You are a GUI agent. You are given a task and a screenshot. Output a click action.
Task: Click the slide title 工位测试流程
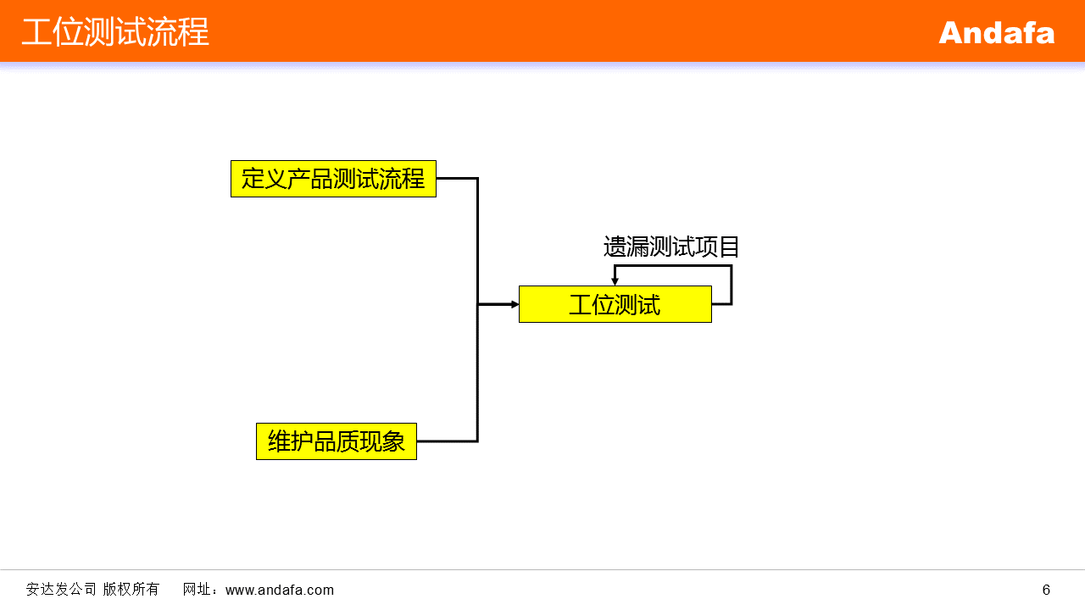coord(115,32)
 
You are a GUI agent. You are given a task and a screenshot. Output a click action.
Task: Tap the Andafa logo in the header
coord(996,33)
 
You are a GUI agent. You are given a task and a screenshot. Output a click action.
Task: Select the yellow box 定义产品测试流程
coord(333,179)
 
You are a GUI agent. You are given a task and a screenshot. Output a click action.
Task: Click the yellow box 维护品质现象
coord(337,441)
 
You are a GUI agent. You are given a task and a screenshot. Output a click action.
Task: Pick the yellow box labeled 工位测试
coord(615,304)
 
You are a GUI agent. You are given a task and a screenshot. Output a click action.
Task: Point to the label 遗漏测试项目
coord(670,247)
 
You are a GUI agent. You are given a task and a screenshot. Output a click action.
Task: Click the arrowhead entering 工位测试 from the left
coord(515,304)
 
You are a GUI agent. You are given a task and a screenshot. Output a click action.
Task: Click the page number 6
coord(1046,590)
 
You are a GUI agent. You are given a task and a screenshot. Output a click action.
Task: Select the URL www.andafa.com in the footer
coord(280,590)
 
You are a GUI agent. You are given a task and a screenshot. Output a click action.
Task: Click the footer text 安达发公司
coord(61,589)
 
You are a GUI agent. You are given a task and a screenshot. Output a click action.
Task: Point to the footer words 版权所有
coord(131,589)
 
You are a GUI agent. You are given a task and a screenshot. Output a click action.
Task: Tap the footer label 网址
coord(197,589)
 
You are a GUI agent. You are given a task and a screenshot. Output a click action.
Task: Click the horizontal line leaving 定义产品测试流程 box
coord(457,179)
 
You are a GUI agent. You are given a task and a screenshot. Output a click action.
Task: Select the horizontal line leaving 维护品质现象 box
coord(447,441)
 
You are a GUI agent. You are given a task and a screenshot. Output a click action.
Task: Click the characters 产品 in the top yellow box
coord(310,179)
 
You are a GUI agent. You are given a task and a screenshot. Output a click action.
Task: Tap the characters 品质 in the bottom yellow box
coord(337,441)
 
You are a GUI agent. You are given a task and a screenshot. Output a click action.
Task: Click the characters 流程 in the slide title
coord(178,32)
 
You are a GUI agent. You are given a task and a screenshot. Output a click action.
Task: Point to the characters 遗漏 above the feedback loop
coord(626,247)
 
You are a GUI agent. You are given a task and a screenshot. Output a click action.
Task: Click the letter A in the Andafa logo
coord(952,33)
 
